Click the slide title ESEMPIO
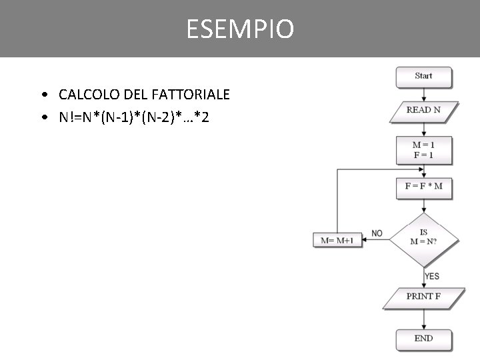pyautogui.click(x=240, y=29)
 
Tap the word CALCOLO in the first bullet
pyautogui.click(x=84, y=95)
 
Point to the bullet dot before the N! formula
pyautogui.click(x=43, y=118)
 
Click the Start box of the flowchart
pyautogui.click(x=423, y=76)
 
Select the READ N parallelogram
pyautogui.click(x=423, y=110)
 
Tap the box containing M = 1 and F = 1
pyautogui.click(x=423, y=150)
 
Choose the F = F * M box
pyautogui.click(x=423, y=187)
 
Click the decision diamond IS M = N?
pyautogui.click(x=424, y=238)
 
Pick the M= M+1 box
pyautogui.click(x=337, y=240)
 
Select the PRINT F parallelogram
pyautogui.click(x=423, y=297)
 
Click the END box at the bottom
pyautogui.click(x=423, y=339)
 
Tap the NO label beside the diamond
pyautogui.click(x=377, y=233)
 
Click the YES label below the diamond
pyautogui.click(x=432, y=276)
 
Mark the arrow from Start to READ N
pyautogui.click(x=424, y=94)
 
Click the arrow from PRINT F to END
pyautogui.click(x=424, y=320)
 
